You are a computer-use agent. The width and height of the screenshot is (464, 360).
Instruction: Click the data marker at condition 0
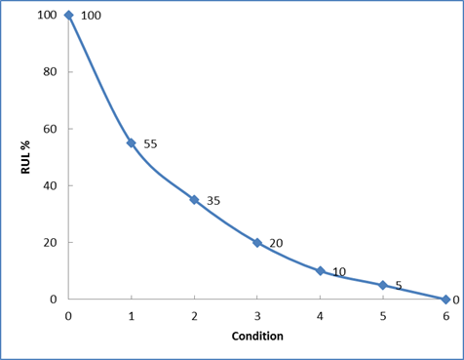(x=68, y=15)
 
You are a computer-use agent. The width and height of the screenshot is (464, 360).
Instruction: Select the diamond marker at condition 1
(x=132, y=142)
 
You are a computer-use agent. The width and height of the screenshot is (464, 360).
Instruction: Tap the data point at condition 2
(x=194, y=200)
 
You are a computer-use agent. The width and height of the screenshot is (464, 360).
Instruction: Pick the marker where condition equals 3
(x=257, y=243)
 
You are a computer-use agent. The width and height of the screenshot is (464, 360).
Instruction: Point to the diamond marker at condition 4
(x=321, y=271)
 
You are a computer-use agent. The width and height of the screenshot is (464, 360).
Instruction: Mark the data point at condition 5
(x=383, y=285)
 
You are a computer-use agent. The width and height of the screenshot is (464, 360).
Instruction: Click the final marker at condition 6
(x=445, y=300)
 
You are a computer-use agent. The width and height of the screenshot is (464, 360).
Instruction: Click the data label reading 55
(x=150, y=143)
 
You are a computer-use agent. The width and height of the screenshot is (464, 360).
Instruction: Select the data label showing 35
(x=213, y=201)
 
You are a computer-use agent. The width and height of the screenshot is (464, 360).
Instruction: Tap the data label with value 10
(x=339, y=272)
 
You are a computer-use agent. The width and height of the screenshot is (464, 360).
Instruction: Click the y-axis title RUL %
(x=25, y=157)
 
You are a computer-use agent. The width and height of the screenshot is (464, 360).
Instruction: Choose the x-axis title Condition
(x=257, y=336)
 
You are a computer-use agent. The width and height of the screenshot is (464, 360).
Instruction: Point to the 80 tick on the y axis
(x=50, y=71)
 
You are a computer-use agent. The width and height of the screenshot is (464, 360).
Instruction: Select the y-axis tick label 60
(x=50, y=129)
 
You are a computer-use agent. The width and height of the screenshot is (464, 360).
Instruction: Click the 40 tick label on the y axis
(x=50, y=185)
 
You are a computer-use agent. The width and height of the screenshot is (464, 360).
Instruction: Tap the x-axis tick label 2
(x=194, y=316)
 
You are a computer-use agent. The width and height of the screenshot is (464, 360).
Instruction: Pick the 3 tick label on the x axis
(x=257, y=316)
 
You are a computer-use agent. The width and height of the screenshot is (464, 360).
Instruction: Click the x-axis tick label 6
(x=446, y=316)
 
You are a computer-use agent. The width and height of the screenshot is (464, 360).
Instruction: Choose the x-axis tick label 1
(x=132, y=316)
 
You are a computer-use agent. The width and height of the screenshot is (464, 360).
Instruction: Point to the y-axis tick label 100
(x=47, y=15)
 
